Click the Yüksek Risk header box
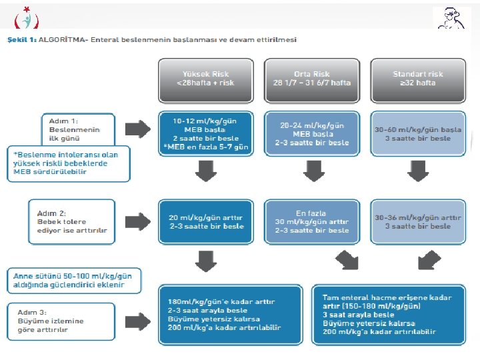pos(205,77)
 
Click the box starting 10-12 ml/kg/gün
pos(205,133)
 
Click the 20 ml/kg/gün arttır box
pos(205,221)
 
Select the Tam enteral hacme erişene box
pos(387,315)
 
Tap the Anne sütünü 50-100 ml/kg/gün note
pos(77,280)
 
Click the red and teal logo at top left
pos(27,18)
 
